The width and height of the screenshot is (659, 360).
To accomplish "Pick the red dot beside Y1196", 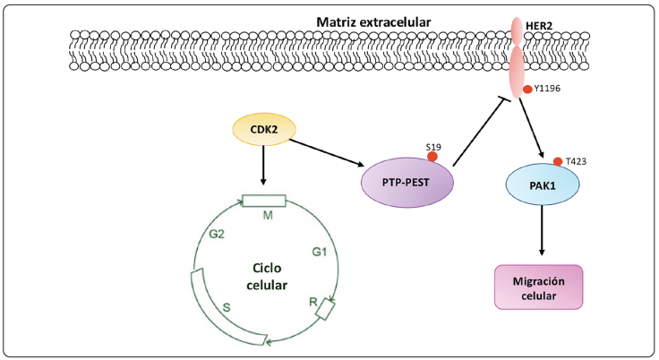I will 528,89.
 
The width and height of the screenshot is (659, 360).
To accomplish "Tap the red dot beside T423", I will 559,162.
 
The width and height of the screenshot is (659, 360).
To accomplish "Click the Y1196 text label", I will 550,89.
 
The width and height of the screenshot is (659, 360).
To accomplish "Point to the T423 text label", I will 577,162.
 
